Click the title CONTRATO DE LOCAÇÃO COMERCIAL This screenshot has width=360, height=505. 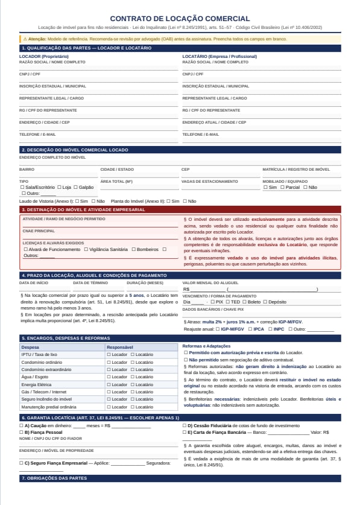180,19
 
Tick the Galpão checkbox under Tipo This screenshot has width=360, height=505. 76,187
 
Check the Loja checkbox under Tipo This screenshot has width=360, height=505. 60,187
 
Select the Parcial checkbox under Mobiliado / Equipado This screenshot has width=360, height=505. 282,187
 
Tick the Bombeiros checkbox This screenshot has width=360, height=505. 134,249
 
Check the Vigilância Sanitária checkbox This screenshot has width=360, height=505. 86,249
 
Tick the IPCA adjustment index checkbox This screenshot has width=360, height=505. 250,329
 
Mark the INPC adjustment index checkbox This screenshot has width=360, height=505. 271,329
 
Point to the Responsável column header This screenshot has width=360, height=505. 119,348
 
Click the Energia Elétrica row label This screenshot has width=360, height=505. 37,384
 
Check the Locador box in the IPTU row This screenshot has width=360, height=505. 109,355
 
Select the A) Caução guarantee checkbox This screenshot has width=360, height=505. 21,425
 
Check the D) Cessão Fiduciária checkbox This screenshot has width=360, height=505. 185,425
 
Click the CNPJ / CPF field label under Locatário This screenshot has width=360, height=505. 192,74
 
